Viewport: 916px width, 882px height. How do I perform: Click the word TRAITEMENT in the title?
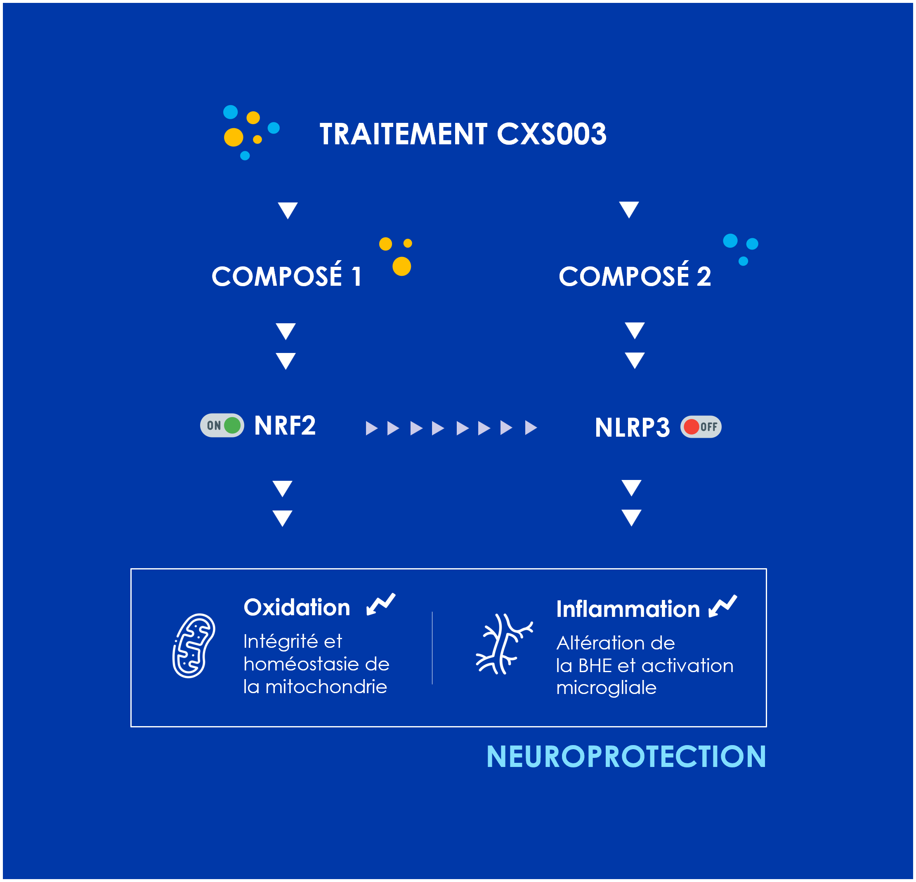click(x=403, y=134)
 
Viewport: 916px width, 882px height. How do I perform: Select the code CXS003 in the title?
click(x=552, y=134)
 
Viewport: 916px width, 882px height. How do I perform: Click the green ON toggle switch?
click(x=222, y=425)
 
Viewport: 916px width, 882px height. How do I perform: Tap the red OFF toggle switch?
click(x=701, y=426)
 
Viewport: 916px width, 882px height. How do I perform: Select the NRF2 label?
click(x=285, y=425)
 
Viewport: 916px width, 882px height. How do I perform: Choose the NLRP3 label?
click(x=632, y=427)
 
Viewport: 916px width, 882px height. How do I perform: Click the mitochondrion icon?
click(x=194, y=646)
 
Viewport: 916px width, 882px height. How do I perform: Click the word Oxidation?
click(x=297, y=607)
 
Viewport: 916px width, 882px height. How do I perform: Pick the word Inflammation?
click(x=628, y=609)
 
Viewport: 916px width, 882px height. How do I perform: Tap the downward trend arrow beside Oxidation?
click(x=381, y=604)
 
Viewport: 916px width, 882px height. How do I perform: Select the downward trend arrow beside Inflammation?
click(x=722, y=606)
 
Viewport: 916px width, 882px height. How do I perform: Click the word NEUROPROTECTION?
click(x=626, y=756)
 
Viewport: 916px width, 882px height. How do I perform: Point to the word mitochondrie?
click(x=326, y=687)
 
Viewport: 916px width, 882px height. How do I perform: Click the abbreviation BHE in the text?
click(x=595, y=666)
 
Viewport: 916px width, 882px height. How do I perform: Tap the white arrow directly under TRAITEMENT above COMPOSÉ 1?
click(x=288, y=211)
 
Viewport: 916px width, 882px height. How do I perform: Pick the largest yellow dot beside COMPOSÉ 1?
click(x=401, y=266)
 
